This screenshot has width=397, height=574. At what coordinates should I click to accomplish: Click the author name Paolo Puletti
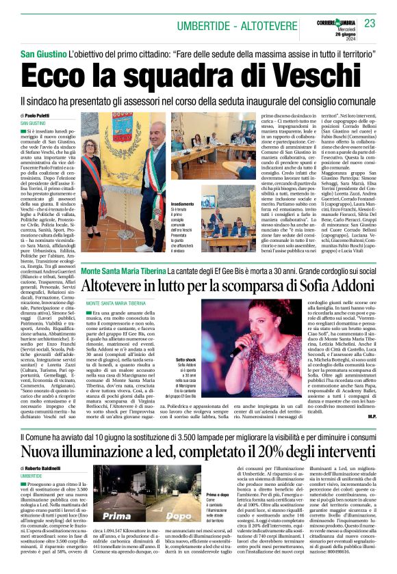[x=41, y=115]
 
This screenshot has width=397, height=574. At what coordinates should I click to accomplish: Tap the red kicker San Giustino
[x=42, y=53]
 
